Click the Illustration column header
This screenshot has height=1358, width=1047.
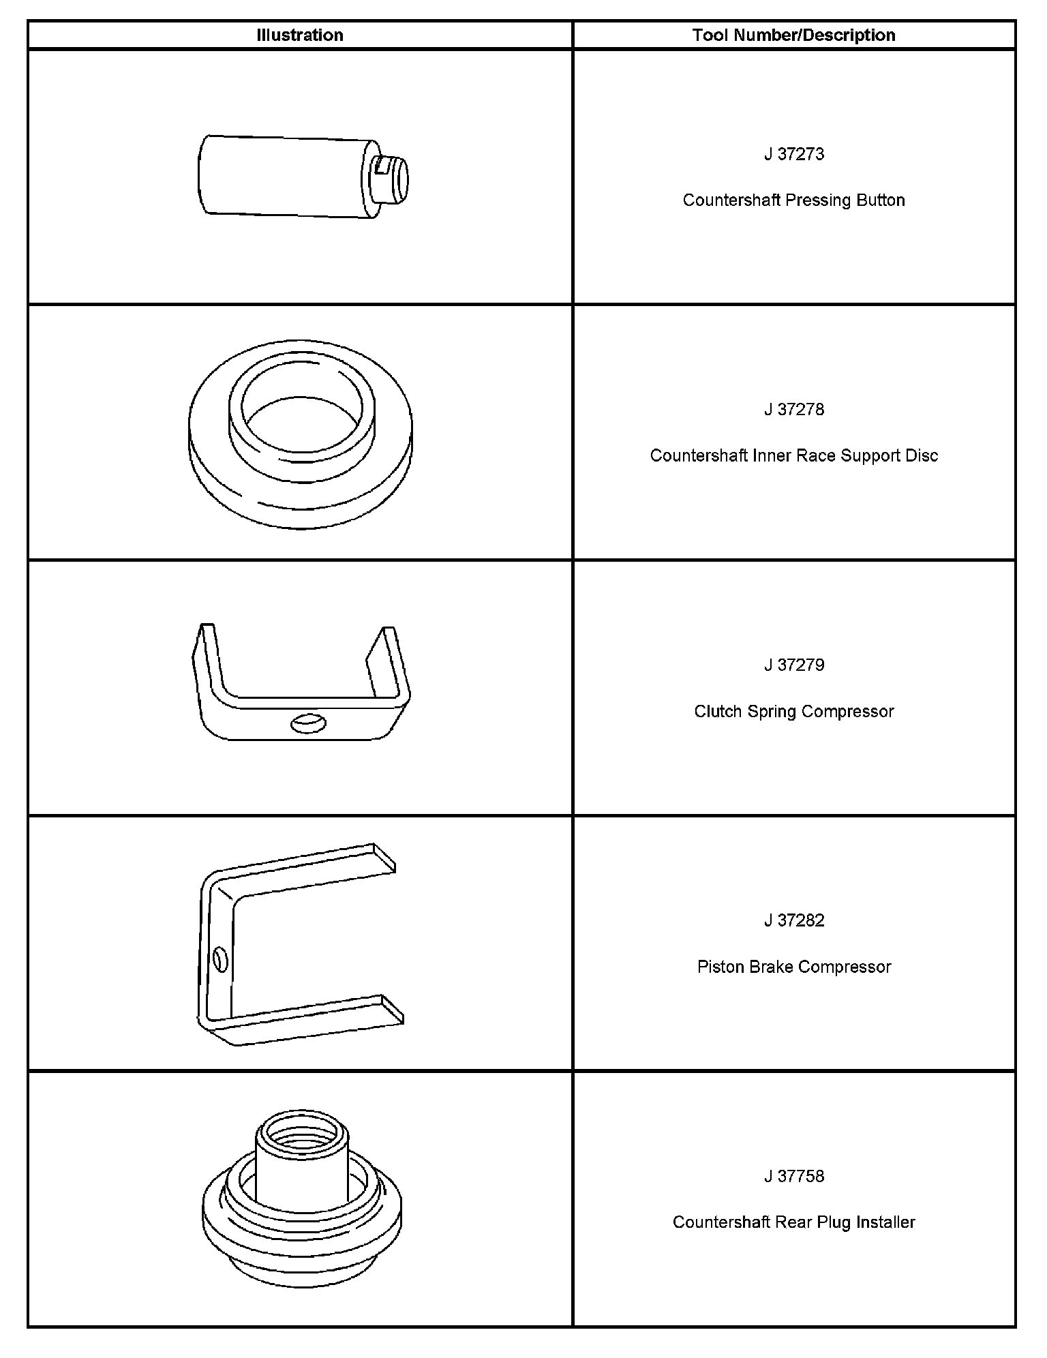[300, 35]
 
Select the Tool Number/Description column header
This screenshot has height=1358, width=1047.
[793, 35]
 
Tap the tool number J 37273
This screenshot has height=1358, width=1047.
[793, 154]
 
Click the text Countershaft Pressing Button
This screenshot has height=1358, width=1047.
[793, 200]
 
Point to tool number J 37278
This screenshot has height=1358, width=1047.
[793, 410]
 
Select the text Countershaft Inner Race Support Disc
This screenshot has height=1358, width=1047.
[793, 456]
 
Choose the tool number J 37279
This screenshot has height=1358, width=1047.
[793, 665]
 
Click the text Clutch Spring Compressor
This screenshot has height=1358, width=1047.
[793, 712]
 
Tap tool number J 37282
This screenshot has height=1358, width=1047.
[793, 921]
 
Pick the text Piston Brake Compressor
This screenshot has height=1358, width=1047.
[793, 967]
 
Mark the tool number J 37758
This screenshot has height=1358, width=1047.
[793, 1177]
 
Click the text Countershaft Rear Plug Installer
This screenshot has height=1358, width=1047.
[793, 1223]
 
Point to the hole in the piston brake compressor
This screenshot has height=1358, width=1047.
[220, 960]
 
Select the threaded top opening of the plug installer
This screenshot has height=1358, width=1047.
[302, 1134]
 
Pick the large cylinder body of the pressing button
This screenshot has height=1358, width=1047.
[286, 176]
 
